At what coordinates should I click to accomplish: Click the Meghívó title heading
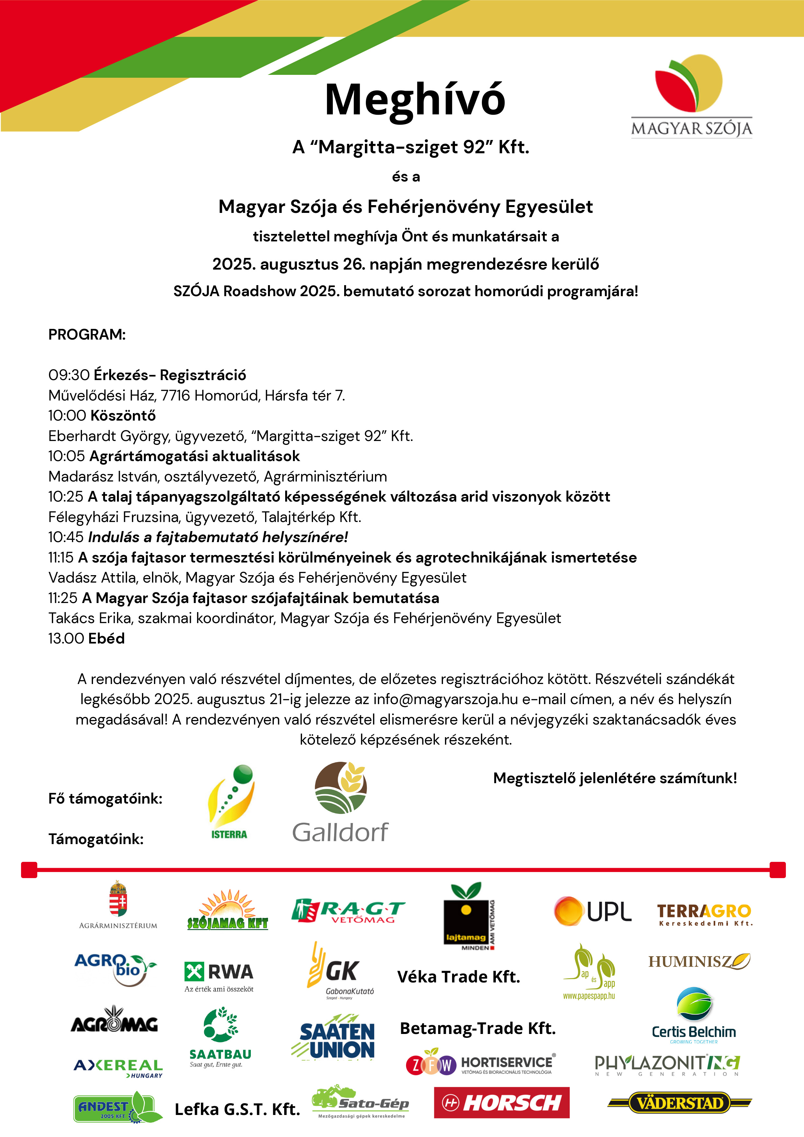coord(415,99)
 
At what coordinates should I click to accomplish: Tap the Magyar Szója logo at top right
coord(691,96)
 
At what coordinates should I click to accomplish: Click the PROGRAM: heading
coord(87,335)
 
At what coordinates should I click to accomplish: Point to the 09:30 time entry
coord(68,375)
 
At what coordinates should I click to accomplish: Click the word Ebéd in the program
coord(107,639)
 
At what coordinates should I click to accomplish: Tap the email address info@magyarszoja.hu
coord(445,699)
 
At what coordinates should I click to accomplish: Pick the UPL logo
coord(592,911)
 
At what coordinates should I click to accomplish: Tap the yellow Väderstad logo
coord(679,1103)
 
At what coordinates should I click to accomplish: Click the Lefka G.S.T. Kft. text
coord(237,1109)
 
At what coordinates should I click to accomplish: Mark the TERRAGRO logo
coord(704,914)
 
